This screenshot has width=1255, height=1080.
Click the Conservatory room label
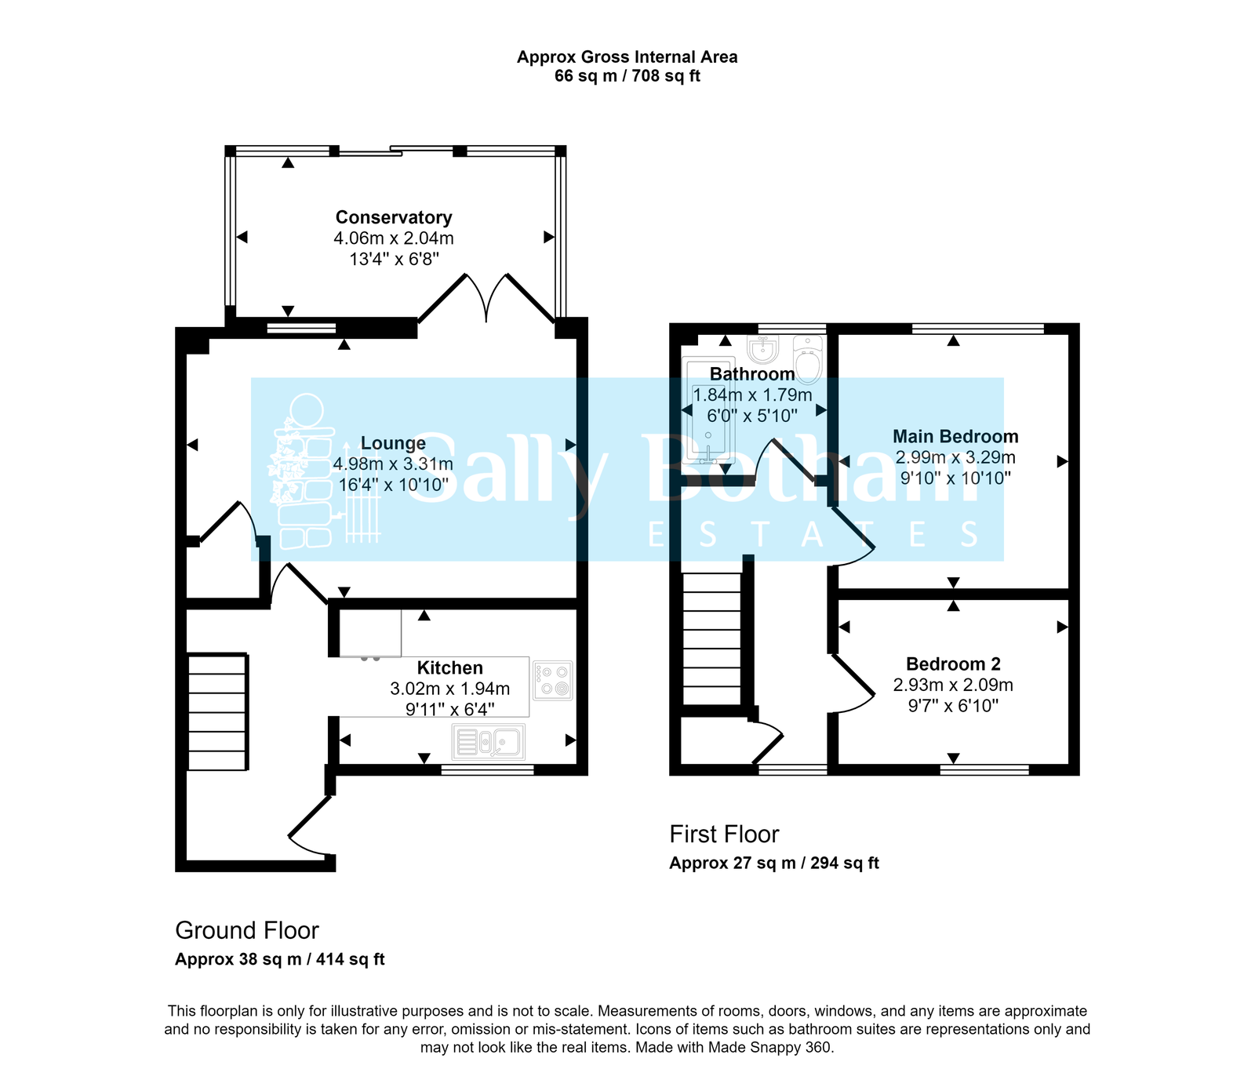pos(393,217)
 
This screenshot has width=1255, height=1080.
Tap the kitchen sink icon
pos(489,742)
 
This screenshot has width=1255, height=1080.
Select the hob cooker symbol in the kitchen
pos(553,680)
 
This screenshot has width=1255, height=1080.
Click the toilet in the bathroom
pos(808,361)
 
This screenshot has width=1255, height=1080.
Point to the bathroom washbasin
pos(762,348)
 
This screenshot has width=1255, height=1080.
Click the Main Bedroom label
pos(955,437)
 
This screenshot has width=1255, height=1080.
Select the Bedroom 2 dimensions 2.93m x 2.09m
pos(953,685)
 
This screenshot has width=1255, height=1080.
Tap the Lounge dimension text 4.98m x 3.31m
pos(393,464)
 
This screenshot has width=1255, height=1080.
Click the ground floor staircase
pos(217,711)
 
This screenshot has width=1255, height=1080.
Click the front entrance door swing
pos(310,827)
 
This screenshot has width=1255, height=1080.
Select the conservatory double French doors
pos(487,298)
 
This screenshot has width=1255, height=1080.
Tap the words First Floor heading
pos(724,835)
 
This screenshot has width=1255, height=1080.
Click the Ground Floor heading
pos(247,931)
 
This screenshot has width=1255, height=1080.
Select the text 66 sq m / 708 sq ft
pos(627,76)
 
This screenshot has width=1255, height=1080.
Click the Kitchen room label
pos(449,668)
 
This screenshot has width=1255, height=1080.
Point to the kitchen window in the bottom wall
pos(487,771)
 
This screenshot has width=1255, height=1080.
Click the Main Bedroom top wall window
pos(977,329)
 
